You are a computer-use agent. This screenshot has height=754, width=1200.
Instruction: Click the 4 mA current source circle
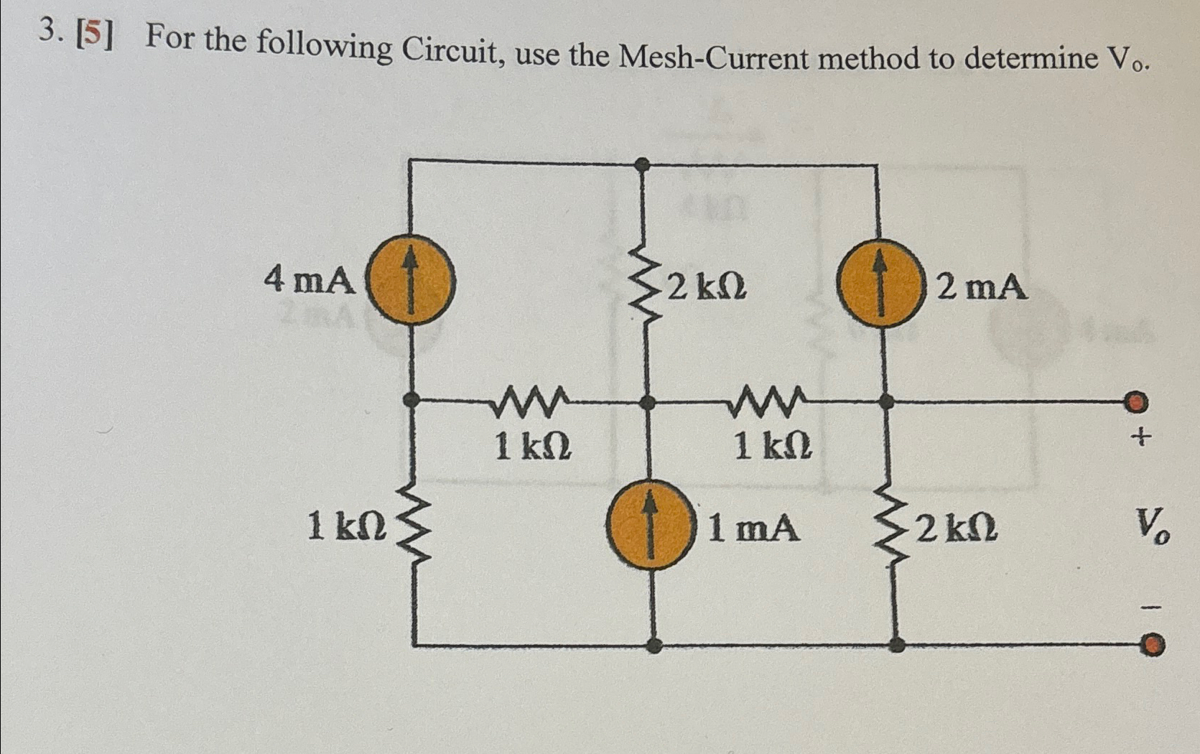click(x=411, y=280)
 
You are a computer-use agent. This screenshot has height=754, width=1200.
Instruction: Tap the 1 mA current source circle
click(x=651, y=525)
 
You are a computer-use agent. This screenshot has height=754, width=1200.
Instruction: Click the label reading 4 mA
click(x=310, y=280)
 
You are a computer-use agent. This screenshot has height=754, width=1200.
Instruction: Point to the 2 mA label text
click(x=982, y=288)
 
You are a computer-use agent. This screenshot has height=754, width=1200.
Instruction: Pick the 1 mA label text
click(x=754, y=529)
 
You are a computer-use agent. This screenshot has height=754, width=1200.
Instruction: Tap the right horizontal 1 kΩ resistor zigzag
click(x=767, y=403)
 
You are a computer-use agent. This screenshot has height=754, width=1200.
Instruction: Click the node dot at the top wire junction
click(x=644, y=164)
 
